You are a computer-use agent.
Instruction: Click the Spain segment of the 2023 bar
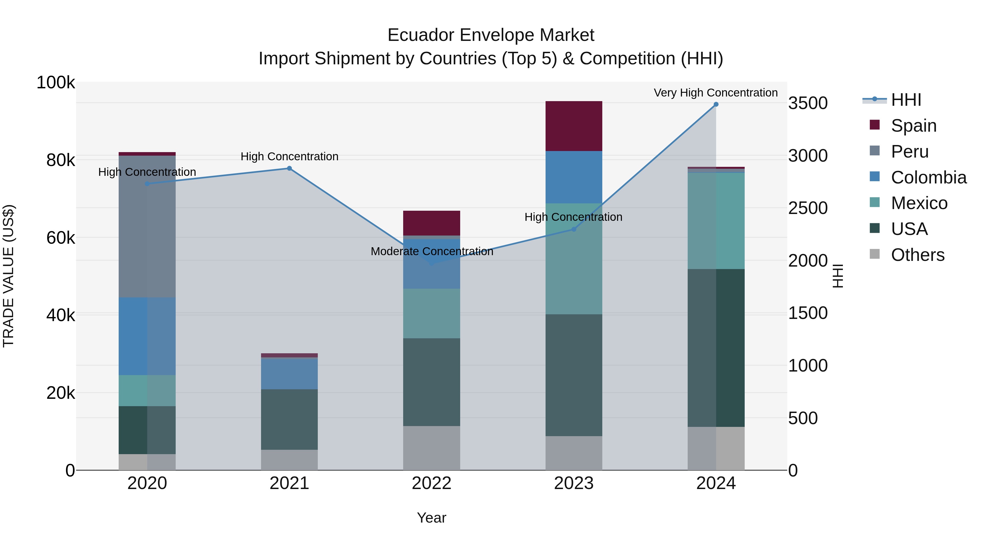click(x=574, y=126)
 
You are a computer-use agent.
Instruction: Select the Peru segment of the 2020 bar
click(x=147, y=227)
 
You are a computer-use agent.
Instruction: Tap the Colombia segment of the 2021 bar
click(x=289, y=374)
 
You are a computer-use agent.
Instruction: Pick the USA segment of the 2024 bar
click(x=716, y=348)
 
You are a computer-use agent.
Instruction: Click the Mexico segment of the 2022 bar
click(x=432, y=313)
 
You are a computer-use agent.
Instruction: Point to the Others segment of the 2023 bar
click(x=574, y=453)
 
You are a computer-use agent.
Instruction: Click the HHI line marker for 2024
click(x=716, y=104)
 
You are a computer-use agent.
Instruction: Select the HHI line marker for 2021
click(x=289, y=168)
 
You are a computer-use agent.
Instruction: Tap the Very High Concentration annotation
click(x=715, y=93)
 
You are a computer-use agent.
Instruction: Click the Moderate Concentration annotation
click(x=432, y=251)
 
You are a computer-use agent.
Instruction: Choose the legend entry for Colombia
click(x=928, y=177)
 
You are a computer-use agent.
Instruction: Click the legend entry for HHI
click(x=906, y=100)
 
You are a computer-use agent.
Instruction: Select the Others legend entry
click(x=917, y=255)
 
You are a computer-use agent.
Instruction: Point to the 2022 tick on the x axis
click(x=432, y=483)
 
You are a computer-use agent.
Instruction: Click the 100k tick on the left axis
click(x=56, y=83)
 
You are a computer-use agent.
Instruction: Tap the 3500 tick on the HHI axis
click(x=808, y=103)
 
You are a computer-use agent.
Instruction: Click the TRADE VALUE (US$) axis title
click(x=8, y=276)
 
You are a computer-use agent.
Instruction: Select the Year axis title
click(x=432, y=518)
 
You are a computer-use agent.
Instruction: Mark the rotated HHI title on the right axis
click(x=837, y=276)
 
